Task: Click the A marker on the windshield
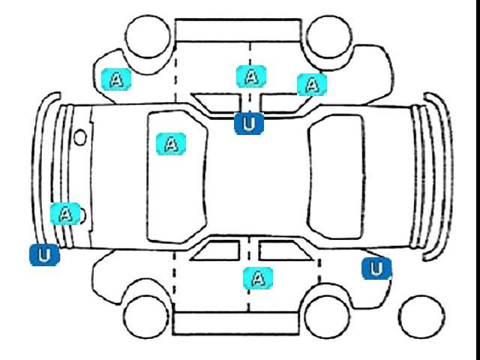click(171, 144)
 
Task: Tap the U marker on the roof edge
click(249, 124)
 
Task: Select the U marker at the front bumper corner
click(44, 255)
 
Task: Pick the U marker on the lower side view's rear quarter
click(376, 268)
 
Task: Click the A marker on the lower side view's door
click(258, 278)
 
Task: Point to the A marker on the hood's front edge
click(65, 214)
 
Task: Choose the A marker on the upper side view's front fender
click(116, 79)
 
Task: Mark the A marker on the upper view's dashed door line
click(251, 76)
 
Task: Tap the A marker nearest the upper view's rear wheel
click(312, 85)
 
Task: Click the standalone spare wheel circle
click(421, 316)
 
